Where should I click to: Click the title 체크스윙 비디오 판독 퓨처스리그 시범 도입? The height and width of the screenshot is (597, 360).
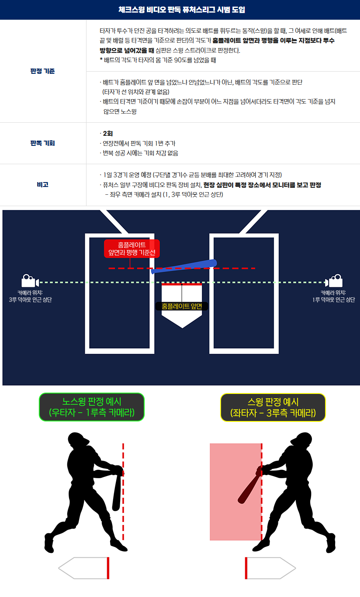pos(182,10)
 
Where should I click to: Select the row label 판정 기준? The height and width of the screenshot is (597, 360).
pos(42,71)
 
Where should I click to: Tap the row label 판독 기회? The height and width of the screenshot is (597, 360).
pos(42,143)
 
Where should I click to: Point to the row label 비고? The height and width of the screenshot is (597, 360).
pos(42,185)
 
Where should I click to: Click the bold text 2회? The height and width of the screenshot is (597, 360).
pos(108,134)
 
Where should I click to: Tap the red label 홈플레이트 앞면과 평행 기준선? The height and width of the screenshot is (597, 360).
pos(132,248)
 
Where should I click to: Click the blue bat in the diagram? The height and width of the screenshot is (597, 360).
pos(184,266)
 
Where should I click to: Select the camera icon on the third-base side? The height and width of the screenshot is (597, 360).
pos(30,281)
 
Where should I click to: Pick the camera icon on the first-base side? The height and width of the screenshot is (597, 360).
pos(334,281)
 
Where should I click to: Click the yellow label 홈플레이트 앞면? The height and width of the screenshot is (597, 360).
pos(182,306)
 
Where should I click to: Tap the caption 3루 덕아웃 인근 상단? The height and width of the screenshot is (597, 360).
pos(31,300)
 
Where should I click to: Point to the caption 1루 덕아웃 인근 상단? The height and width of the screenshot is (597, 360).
pos(334,300)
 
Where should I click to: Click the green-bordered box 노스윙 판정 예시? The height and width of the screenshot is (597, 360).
pos(92,407)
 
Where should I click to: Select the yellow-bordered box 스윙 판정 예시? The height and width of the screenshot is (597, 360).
pos(273,407)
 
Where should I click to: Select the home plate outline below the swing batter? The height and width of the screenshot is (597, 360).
pos(270,568)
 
